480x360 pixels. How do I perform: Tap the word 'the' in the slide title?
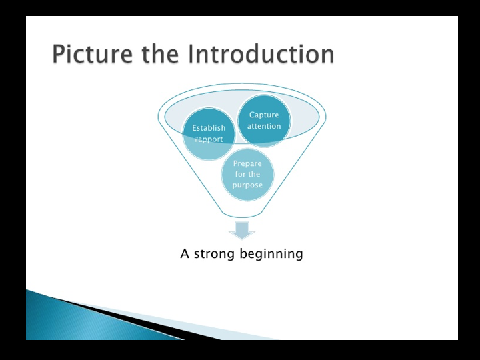coord(159,54)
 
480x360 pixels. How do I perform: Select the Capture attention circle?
coord(264,120)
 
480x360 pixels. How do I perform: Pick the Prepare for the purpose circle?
coord(247,175)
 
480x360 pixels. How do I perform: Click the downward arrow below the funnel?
coord(242,231)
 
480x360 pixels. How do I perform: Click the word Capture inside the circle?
coord(264,115)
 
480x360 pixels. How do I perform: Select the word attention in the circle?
coord(264,126)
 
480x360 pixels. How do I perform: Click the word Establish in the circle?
coord(209,128)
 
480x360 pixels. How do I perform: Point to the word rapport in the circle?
coord(209,139)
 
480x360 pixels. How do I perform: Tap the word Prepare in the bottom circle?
coord(247,163)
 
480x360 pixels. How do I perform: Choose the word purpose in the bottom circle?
coord(247,185)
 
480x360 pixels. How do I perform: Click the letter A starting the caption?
coord(185,254)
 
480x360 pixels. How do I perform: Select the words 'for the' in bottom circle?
coord(247,175)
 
